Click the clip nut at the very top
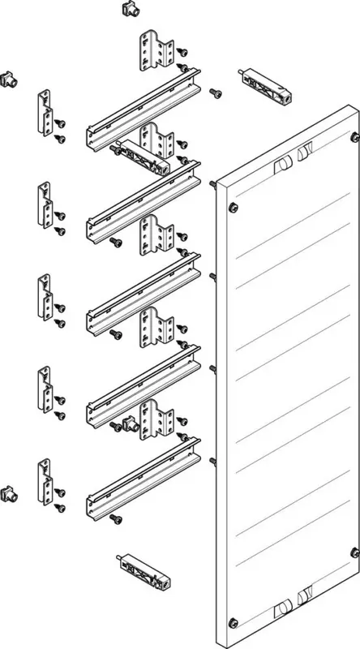126,8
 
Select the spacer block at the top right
264,85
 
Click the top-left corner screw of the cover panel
234,206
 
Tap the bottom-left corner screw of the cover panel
234,622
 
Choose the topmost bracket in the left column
42,112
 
